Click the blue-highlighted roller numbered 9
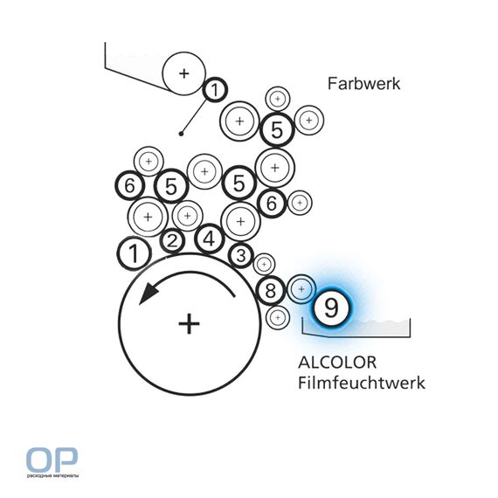[x=331, y=308]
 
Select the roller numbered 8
[x=271, y=290]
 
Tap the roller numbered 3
[x=241, y=255]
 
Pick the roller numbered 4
[x=210, y=239]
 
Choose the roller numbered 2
[x=172, y=241]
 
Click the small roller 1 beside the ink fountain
[x=215, y=90]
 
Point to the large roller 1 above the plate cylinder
[x=134, y=253]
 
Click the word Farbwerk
[x=363, y=84]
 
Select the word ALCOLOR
[x=337, y=363]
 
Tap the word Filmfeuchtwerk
[x=362, y=383]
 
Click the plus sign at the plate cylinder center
[x=189, y=324]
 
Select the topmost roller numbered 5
[x=277, y=129]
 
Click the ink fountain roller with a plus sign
[x=183, y=73]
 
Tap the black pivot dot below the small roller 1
[x=181, y=134]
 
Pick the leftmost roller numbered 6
[x=130, y=185]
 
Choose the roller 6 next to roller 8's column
[x=272, y=204]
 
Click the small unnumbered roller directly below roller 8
[x=278, y=318]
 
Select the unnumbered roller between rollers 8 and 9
[x=301, y=289]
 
